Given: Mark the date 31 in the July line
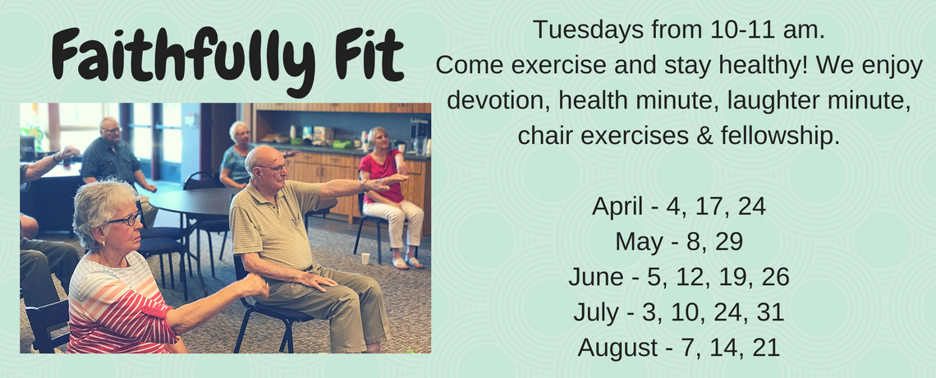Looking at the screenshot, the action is pos(769,312).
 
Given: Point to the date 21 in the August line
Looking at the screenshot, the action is pos(766,348).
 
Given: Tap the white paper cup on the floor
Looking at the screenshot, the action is pos(365,259).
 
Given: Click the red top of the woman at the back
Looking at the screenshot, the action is pos(382,176).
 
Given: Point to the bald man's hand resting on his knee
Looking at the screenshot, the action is pos(316,279).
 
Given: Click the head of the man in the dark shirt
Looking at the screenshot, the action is pos(110,131).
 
